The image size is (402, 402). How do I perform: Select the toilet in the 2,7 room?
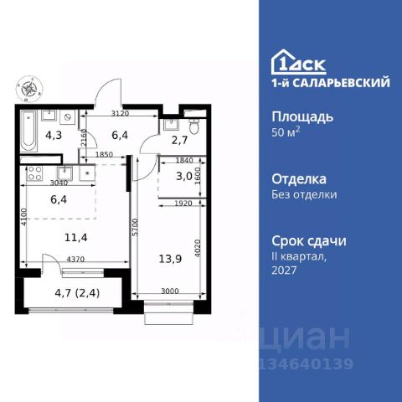(x=193, y=126)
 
